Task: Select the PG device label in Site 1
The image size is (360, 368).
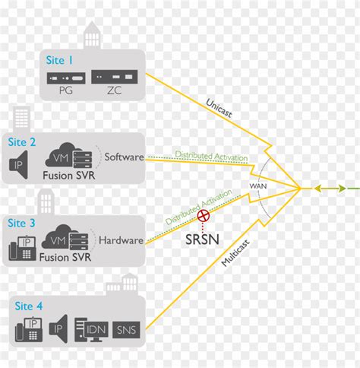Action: tap(65, 91)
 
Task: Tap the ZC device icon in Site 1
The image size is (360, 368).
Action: tap(115, 77)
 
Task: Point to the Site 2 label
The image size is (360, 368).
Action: tap(23, 141)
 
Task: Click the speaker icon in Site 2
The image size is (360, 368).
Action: tap(21, 164)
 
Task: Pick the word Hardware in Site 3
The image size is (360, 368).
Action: tap(122, 240)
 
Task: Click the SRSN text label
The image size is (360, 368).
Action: tap(204, 238)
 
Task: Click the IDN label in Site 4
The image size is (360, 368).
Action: tap(95, 330)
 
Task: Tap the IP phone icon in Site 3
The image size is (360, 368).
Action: tap(23, 247)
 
